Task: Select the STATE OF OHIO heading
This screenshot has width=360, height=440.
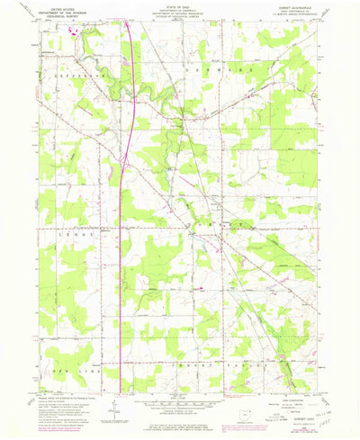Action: click(x=180, y=5)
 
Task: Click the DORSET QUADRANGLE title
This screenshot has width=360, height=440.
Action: click(x=302, y=6)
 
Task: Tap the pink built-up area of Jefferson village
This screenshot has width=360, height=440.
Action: click(x=71, y=33)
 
